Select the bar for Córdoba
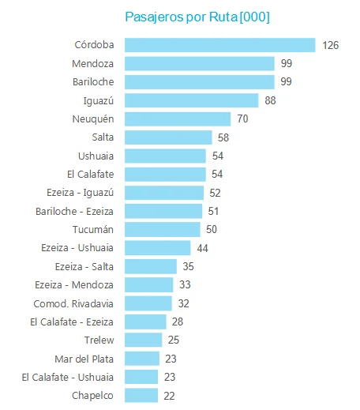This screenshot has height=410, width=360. pos(220,45)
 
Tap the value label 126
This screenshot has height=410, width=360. pos(331,45)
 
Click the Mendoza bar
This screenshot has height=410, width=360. pos(200,63)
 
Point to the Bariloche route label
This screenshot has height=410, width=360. pos(93,82)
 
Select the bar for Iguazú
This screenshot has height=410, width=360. pos(192,100)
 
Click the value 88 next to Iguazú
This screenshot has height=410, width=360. pos(270,100)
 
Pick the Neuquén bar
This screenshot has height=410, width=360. pos(178,119)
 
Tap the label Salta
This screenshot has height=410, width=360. pos(103,137)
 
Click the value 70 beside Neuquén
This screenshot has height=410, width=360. pos(242,118)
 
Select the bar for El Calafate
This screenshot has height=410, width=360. pos(165,175)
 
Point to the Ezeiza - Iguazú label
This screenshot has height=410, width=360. pos(81,193)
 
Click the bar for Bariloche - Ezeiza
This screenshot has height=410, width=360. pos(163,211)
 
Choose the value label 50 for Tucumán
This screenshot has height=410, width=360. pos(212,229)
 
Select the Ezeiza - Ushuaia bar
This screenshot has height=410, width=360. pos(158,248)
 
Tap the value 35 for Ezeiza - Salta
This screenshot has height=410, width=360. pos(189,266)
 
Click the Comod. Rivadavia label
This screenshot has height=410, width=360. pos(73,303)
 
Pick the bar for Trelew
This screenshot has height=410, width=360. pos(144,340)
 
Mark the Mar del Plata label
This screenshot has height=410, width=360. pos(84,359)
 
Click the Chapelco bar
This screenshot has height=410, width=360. pos(141,396)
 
